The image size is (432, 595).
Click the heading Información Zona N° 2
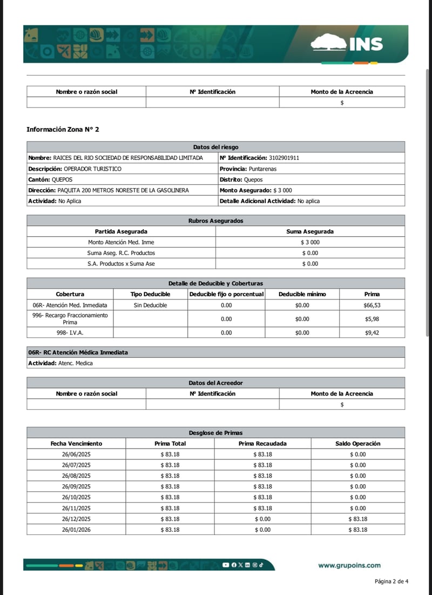pyautogui.click(x=63, y=130)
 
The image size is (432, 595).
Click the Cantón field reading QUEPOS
pyautogui.click(x=50, y=179)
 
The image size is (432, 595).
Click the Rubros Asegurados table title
pyautogui.click(x=215, y=220)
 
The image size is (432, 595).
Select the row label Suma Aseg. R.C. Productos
pyautogui.click(x=121, y=253)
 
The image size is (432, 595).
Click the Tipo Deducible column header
pyautogui.click(x=150, y=294)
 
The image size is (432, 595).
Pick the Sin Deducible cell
pyautogui.click(x=150, y=305)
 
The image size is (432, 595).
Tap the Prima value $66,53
pyautogui.click(x=372, y=305)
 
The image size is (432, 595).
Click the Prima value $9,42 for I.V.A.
pyautogui.click(x=372, y=333)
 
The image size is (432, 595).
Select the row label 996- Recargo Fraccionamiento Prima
pyautogui.click(x=70, y=319)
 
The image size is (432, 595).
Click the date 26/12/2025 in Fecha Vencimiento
pyautogui.click(x=76, y=519)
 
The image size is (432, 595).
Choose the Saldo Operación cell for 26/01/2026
pyautogui.click(x=357, y=530)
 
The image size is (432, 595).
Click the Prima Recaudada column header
pyautogui.click(x=262, y=443)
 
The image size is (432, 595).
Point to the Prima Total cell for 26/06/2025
pyautogui.click(x=170, y=454)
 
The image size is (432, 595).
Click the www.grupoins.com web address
pyautogui.click(x=349, y=565)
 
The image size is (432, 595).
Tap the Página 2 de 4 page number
pyautogui.click(x=391, y=581)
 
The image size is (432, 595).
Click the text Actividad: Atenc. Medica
pyautogui.click(x=60, y=363)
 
